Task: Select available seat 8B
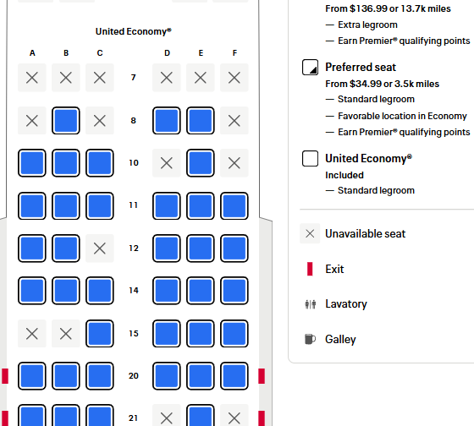pos(66,121)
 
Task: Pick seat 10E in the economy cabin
pos(201,163)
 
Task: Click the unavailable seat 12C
pos(100,248)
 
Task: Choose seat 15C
pos(100,334)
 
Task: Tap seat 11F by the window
pos(234,206)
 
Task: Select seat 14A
pos(32,291)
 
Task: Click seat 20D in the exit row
pos(167,376)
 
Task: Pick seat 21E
pos(201,416)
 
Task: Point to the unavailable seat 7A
pos(32,78)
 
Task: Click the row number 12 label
pos(134,248)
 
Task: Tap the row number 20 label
pos(134,376)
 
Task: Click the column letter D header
pos(167,53)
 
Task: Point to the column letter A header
pos(32,53)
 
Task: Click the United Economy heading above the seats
pos(134,31)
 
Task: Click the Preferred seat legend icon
pos(310,67)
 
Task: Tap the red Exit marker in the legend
pos(310,269)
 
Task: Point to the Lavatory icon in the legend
pos(311,304)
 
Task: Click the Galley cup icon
pos(310,339)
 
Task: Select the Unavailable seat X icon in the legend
pos(310,233)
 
